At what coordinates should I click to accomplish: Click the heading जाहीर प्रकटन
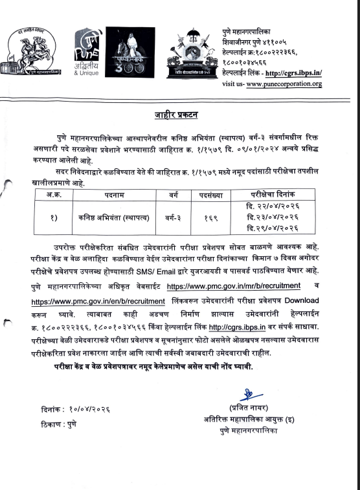tap(176, 116)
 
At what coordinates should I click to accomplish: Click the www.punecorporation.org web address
tap(284, 84)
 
